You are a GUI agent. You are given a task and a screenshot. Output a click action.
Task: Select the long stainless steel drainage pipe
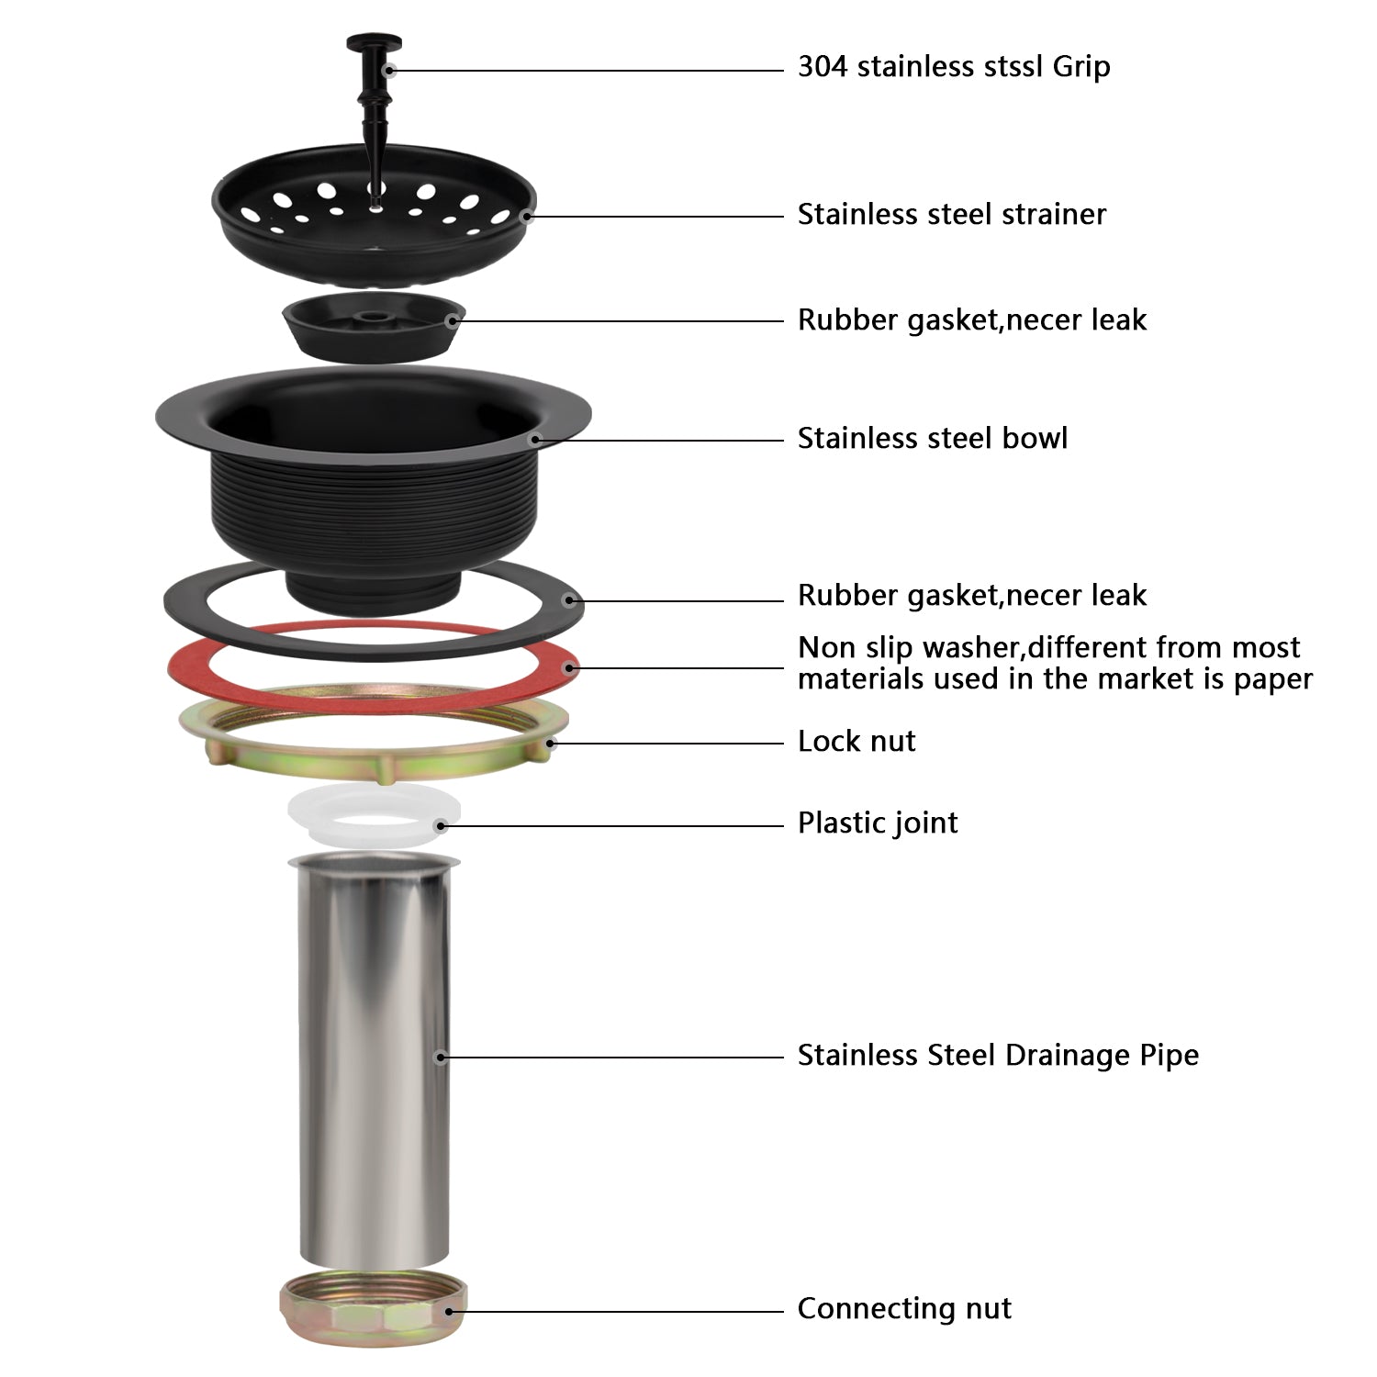point(372,1056)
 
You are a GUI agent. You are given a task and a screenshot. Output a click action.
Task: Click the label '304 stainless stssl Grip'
point(953,67)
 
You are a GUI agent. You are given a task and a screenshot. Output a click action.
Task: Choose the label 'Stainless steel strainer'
point(951,215)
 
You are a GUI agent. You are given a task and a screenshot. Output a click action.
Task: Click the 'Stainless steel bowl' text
point(932,438)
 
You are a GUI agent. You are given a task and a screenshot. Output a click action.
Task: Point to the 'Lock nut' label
point(856,741)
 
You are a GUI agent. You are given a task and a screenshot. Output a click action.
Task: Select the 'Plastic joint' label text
point(877,823)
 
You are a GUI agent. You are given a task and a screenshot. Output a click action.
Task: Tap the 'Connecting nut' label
point(903,1308)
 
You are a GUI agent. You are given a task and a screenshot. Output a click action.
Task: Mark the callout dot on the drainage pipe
point(440,1058)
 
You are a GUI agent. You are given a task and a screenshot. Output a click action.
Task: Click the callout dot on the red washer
point(570,667)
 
